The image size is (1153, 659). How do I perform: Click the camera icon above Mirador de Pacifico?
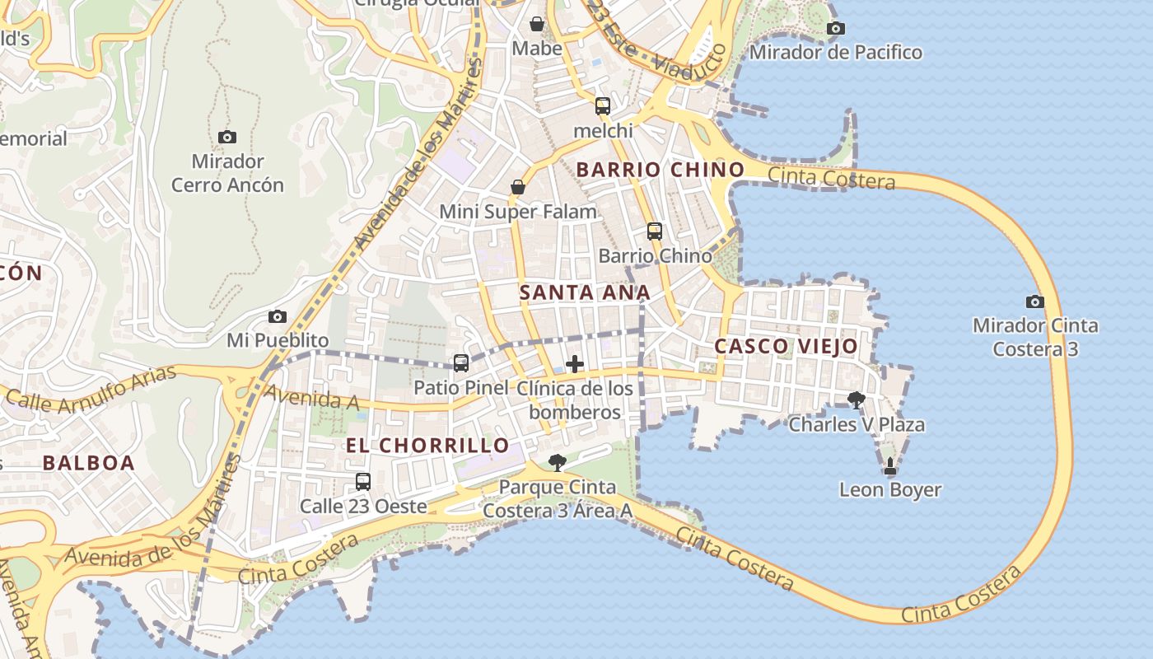835,29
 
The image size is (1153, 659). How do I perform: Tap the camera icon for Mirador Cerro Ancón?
227,137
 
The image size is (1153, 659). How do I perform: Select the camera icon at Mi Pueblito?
278,316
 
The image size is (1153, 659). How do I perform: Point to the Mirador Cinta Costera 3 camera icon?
1035,301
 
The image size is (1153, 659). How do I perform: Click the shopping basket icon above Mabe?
537,24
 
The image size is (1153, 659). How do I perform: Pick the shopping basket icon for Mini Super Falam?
518,188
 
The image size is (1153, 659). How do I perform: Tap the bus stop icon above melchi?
603,105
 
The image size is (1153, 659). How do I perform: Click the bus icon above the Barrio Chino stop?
655,231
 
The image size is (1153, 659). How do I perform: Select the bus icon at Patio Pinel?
461,363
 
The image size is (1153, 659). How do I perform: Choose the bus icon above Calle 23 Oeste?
363,482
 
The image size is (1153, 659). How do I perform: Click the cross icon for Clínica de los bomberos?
575,364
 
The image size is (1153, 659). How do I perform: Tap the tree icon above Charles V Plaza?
857,400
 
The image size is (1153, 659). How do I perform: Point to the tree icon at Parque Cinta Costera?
558,463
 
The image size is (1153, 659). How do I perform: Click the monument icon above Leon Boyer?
889,466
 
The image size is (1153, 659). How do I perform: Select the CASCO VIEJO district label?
786,346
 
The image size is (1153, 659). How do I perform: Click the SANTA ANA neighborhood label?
585,292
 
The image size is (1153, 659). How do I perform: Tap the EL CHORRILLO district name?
427,446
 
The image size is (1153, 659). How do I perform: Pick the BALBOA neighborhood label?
88,463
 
